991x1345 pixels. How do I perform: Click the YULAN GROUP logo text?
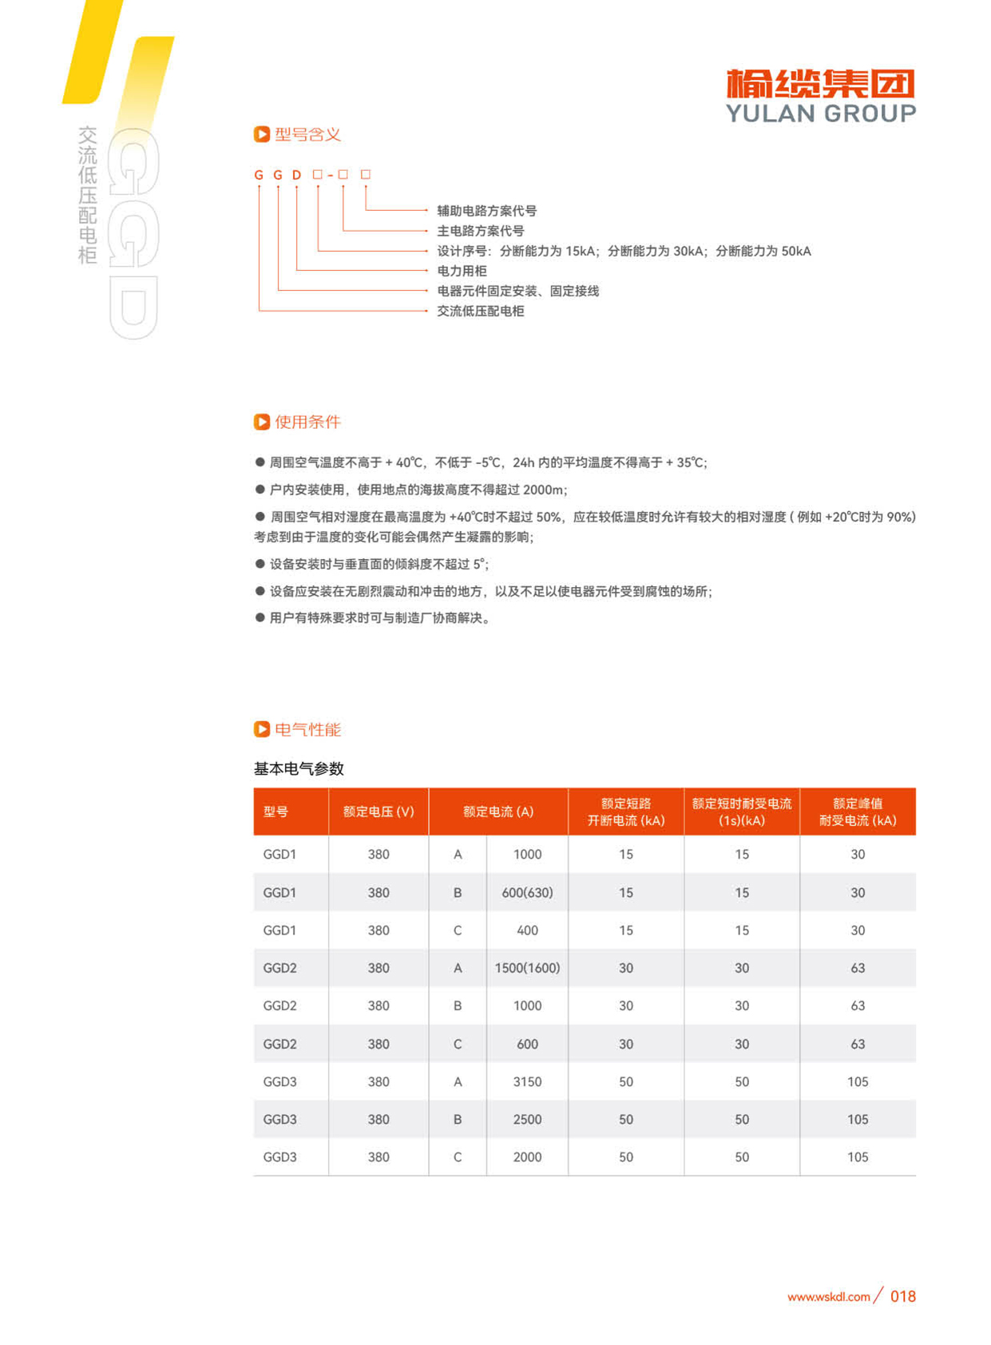(x=820, y=113)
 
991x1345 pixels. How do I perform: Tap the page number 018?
(x=902, y=1296)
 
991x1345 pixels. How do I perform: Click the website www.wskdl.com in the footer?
(x=828, y=1297)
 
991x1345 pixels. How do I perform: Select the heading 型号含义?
(x=307, y=134)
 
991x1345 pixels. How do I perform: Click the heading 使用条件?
(x=307, y=422)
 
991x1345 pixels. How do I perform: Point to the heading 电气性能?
(x=307, y=729)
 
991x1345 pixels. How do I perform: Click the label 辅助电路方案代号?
(x=486, y=211)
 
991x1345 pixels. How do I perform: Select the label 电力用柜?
(x=462, y=271)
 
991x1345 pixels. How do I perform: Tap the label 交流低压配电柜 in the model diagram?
(x=480, y=311)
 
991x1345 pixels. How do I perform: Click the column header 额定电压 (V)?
(x=379, y=811)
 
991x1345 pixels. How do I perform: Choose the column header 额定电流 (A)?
(x=498, y=811)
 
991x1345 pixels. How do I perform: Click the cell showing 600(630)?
(x=527, y=892)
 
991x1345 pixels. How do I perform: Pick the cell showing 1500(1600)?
(x=527, y=968)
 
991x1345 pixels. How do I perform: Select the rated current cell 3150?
(x=527, y=1081)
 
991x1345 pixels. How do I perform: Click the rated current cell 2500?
(x=527, y=1119)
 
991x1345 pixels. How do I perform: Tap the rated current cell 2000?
(x=527, y=1157)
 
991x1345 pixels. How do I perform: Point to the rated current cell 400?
(x=527, y=930)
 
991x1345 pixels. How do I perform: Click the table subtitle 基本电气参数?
(x=299, y=768)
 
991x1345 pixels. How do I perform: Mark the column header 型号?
(x=275, y=811)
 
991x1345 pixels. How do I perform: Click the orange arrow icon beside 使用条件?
(x=261, y=422)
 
